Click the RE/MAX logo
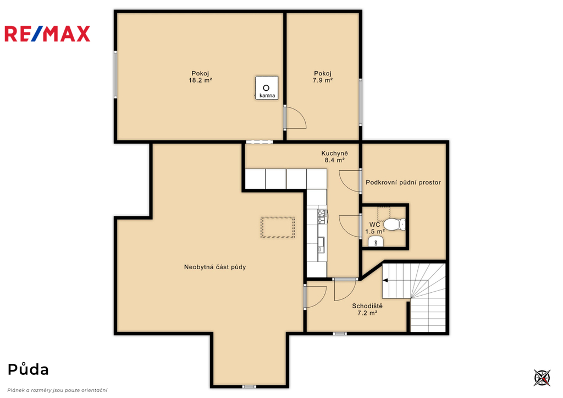pos(47,34)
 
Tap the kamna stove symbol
pos(267,88)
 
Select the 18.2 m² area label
pos(200,80)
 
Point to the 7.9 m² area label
pos(322,80)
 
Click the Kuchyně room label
pos(335,154)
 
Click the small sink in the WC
pos(376,242)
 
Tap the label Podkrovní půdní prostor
pos(403,182)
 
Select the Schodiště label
pos(367,306)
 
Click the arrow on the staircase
pos(385,280)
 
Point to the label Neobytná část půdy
pos(215,267)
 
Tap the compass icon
pos(542,378)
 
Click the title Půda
pos(29,369)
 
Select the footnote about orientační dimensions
pos(57,390)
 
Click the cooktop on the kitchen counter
pos(322,217)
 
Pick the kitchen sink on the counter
pos(321,244)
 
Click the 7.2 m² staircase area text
pos(367,313)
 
